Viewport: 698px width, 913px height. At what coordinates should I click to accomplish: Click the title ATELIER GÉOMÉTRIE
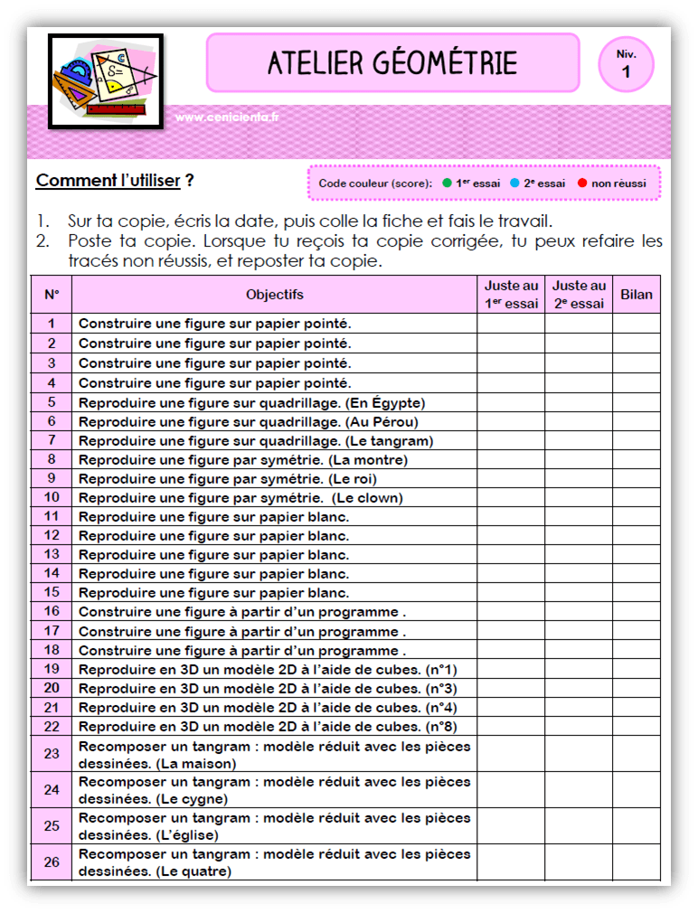click(x=392, y=63)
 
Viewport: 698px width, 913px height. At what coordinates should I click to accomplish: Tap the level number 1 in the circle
click(x=626, y=72)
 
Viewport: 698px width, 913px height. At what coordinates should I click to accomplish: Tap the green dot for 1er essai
click(x=447, y=183)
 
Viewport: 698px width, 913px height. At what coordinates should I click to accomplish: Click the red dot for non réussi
click(x=582, y=183)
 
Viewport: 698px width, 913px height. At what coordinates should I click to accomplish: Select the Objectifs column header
click(x=274, y=295)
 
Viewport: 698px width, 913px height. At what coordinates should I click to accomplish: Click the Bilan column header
click(x=637, y=295)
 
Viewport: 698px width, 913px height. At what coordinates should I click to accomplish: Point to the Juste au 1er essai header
click(x=511, y=295)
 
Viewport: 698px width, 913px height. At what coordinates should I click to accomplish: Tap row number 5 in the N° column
click(x=52, y=402)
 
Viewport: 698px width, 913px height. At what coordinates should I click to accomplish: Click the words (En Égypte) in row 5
click(x=385, y=402)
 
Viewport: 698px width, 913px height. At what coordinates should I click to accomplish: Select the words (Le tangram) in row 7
click(x=389, y=441)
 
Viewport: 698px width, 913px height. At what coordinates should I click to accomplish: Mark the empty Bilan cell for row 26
click(x=637, y=862)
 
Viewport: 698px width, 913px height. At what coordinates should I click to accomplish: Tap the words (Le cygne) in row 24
click(x=193, y=799)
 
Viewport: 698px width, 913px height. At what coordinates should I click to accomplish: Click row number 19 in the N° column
click(x=52, y=669)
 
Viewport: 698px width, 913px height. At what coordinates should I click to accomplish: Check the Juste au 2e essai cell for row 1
click(x=579, y=323)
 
